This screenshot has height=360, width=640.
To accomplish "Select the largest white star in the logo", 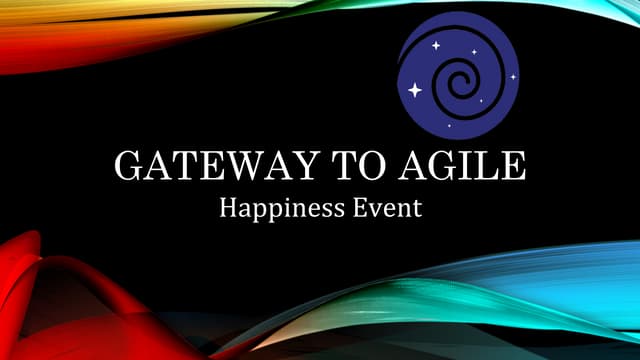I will pos(415,90).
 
